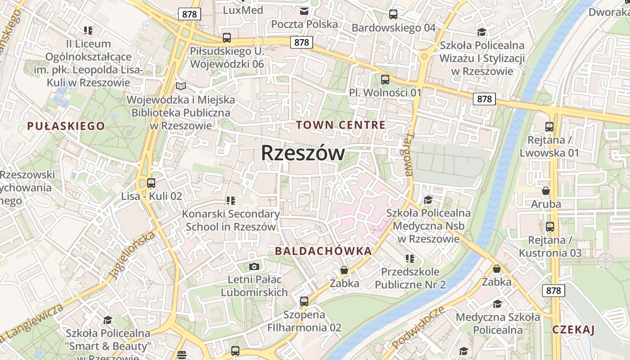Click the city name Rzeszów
pos(303,153)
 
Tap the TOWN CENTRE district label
pos(341,125)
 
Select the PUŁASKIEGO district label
pos(66,126)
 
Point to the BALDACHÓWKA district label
pos(324,251)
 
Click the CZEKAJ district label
pos(573,329)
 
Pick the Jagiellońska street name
pos(132,254)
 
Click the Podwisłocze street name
pos(418,328)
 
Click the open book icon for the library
pos(181,86)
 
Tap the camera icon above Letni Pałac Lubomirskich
pos(254,266)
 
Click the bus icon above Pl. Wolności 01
pos(385,80)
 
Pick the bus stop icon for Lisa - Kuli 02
pos(151,183)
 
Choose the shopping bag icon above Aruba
pos(546,191)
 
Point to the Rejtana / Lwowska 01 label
pos(549,147)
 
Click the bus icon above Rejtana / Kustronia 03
pos(550,226)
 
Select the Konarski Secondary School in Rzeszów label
pos(231,220)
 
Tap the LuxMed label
pos(243,9)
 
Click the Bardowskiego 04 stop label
pos(393,28)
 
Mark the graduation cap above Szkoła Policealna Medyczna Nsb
pos(428,199)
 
